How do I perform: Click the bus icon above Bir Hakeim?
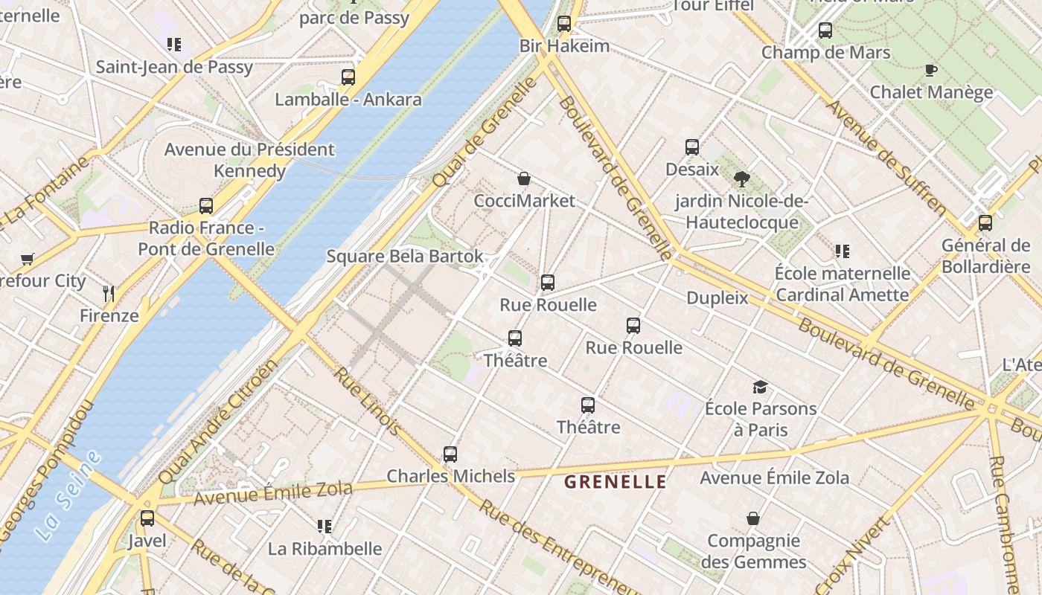coord(564,24)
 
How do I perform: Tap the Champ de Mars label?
coord(825,53)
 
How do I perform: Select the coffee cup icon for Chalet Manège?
coord(930,71)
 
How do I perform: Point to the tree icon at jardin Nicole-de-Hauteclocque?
coord(741,178)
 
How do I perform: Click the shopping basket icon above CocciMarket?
coord(524,178)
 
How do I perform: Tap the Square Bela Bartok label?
coord(405,257)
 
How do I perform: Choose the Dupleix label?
coord(717,298)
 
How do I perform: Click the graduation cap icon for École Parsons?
coord(760,387)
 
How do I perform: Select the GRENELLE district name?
coord(615,482)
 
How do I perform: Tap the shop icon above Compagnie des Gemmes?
coord(753,518)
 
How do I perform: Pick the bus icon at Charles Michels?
coord(450,454)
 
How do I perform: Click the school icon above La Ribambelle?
coord(324,527)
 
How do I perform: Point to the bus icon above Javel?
coord(147,518)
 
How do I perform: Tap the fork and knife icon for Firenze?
coord(109,293)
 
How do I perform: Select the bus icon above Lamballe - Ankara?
coord(348,77)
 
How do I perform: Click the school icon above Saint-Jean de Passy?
coord(173,45)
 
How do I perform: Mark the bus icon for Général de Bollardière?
coord(985,222)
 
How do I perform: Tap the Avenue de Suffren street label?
coord(886,157)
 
